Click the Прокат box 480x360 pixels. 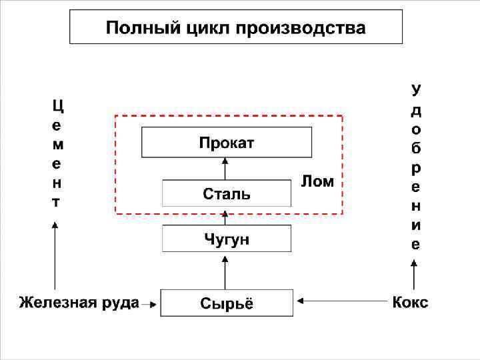pyautogui.click(x=227, y=142)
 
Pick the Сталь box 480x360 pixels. pyautogui.click(x=227, y=193)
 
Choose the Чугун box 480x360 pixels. pyautogui.click(x=227, y=239)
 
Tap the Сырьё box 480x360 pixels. pyautogui.click(x=227, y=303)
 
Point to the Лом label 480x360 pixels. pyautogui.click(x=318, y=182)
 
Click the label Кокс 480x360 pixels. pyautogui.click(x=410, y=303)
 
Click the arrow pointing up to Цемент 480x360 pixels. pyautogui.click(x=55, y=257)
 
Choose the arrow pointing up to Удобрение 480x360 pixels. pyautogui.click(x=415, y=277)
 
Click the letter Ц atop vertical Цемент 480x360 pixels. pyautogui.click(x=57, y=105)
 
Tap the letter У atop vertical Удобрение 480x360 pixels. pyautogui.click(x=415, y=89)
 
